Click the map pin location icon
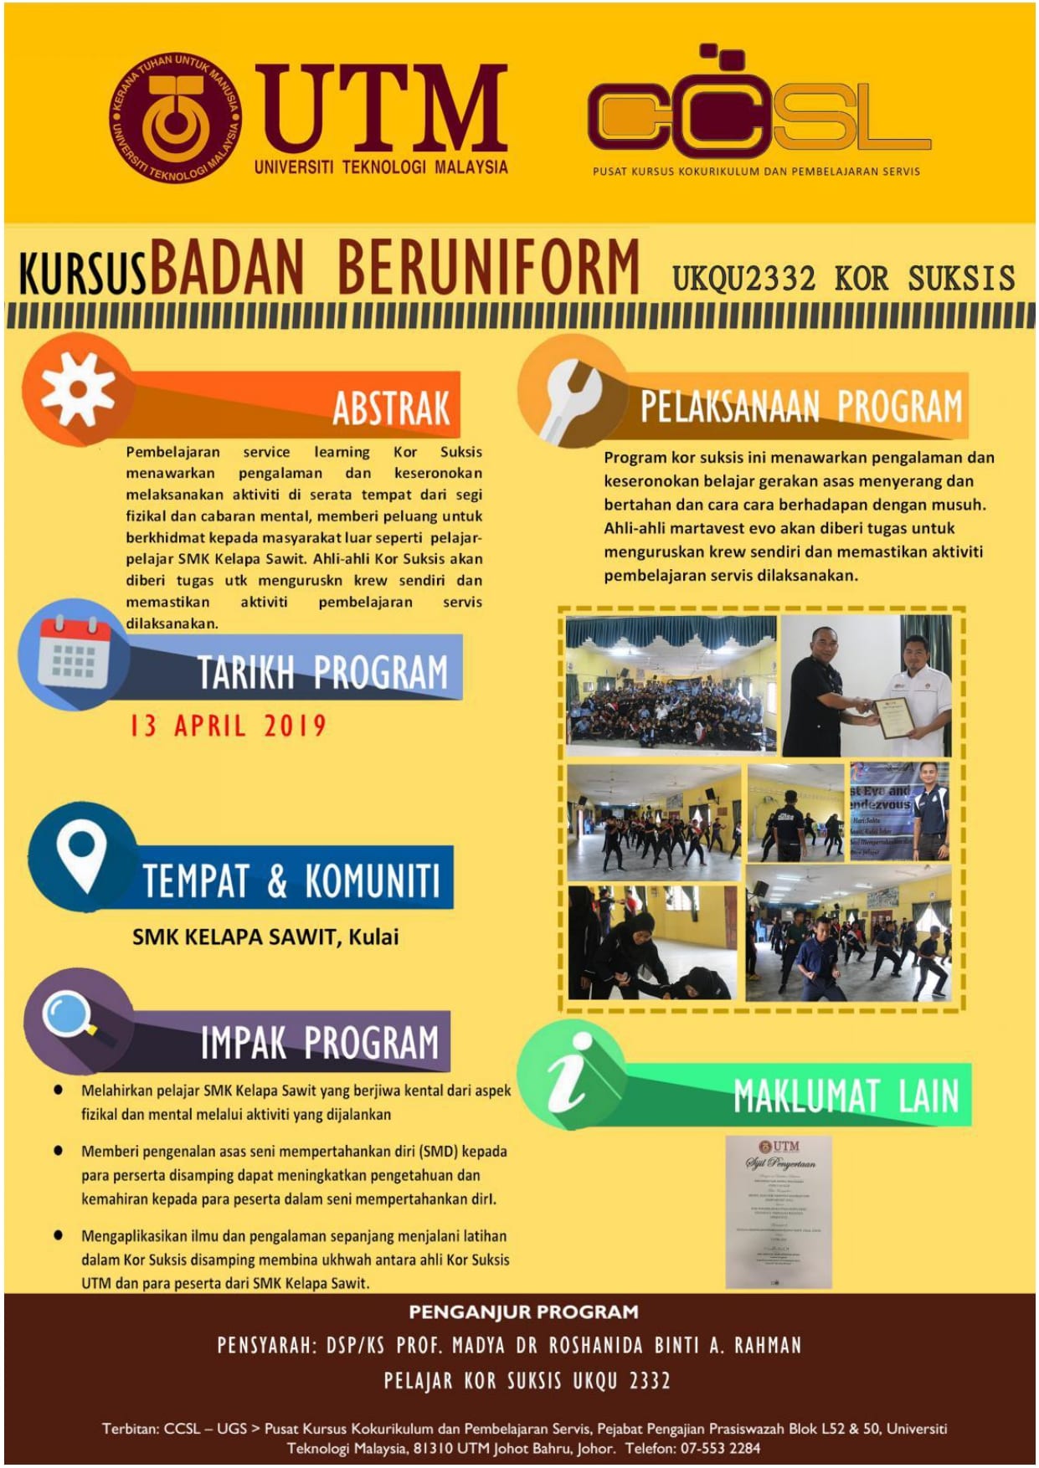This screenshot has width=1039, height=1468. (81, 855)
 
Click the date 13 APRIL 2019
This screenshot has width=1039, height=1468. (228, 726)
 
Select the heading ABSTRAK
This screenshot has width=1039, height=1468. (391, 408)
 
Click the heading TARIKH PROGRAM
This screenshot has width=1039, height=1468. (322, 672)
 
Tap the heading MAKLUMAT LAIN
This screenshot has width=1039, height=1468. (846, 1096)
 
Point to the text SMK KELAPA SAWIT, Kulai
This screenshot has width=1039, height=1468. (265, 937)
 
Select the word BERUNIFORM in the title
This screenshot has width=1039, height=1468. (488, 269)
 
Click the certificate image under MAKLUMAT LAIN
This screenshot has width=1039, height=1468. (778, 1211)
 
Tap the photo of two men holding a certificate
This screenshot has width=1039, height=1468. (867, 686)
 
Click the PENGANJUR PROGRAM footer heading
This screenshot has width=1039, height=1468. (523, 1312)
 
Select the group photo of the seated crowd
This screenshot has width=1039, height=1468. (671, 685)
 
